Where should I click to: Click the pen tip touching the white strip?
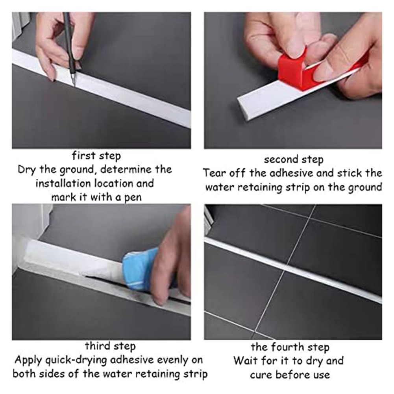73,83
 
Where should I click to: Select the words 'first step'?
96,155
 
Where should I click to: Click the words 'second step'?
293,160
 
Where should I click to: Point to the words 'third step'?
110,346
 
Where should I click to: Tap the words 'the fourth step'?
290,347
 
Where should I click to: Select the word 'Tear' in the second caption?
214,173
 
